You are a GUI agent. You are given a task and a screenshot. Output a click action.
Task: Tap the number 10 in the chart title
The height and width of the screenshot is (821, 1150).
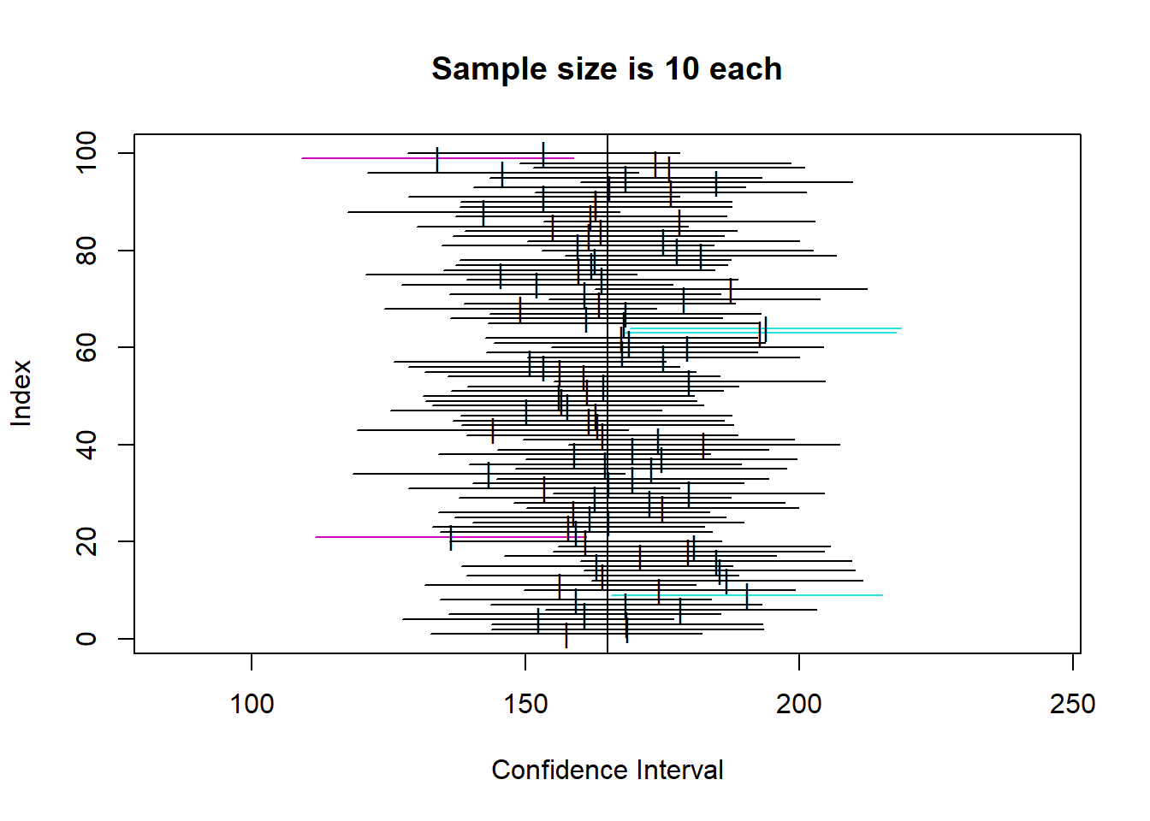coord(682,69)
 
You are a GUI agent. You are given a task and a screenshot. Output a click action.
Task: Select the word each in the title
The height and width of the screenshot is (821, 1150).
coord(745,69)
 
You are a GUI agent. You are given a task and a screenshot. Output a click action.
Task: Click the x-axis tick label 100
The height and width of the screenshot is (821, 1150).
coord(252,704)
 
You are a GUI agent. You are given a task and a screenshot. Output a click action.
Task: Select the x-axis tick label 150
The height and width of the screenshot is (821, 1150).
coord(525,704)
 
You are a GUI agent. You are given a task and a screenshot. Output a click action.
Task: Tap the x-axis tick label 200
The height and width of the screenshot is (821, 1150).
coord(799,704)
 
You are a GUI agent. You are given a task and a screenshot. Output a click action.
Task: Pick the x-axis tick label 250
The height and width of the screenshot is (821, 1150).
coord(1072,704)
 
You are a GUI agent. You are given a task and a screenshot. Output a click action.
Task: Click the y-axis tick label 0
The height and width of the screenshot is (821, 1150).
coord(86,639)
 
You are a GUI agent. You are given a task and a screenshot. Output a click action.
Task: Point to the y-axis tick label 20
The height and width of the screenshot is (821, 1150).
coord(86,541)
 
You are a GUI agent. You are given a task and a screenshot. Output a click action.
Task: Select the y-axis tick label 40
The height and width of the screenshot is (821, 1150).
coord(86,445)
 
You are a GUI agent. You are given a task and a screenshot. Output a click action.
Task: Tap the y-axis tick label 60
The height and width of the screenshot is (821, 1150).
coord(86,347)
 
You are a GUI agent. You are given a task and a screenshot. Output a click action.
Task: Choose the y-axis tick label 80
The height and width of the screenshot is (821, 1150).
coord(86,251)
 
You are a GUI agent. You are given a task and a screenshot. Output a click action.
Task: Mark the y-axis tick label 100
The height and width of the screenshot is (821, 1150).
coord(86,152)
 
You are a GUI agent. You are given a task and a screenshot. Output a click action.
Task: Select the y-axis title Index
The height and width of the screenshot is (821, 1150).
coord(21,393)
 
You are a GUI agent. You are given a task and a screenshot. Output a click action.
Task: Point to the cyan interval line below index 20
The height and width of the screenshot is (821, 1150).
coord(813,595)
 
